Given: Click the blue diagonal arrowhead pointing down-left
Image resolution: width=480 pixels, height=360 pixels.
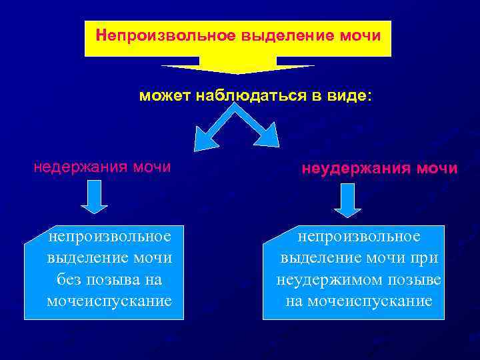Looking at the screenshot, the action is pyautogui.click(x=201, y=140).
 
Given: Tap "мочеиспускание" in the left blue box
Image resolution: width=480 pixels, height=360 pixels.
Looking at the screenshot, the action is pyautogui.click(x=109, y=301).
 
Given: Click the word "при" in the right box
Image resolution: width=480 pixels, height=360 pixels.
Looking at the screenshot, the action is pyautogui.click(x=424, y=258).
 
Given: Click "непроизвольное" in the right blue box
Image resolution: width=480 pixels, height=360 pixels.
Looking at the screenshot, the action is pyautogui.click(x=359, y=236).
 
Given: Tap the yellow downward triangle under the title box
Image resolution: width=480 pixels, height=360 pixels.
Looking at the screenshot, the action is pyautogui.click(x=237, y=67).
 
